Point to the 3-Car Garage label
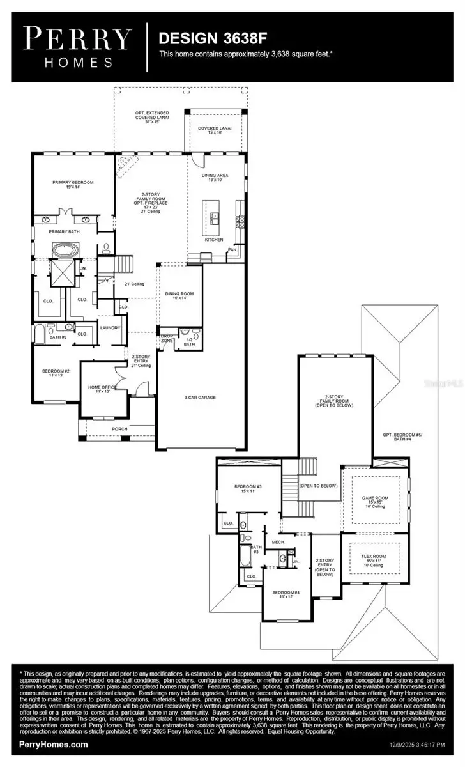pos(200,397)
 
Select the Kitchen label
pos(213,240)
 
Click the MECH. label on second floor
pos(278,542)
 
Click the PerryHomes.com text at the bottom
pos(54,744)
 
